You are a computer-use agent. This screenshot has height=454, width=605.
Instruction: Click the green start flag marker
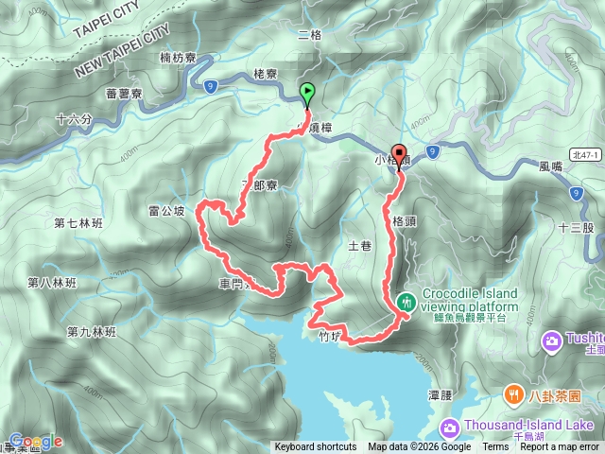pos(307,94)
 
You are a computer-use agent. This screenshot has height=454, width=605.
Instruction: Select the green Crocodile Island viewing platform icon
pos(406,302)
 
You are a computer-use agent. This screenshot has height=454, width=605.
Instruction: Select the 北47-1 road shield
pos(583,153)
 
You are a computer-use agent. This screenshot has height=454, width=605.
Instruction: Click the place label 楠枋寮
pos(178,59)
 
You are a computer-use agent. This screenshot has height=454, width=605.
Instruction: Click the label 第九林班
pos(91,332)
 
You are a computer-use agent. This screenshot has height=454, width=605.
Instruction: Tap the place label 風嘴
pos(550,166)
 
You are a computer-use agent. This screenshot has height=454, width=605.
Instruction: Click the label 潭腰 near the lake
pos(441,394)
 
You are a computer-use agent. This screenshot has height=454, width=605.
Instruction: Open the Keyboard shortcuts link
pos(316,447)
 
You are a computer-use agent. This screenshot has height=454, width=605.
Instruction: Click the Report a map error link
pos(560,447)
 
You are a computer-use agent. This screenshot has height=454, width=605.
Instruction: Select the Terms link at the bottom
pos(495,447)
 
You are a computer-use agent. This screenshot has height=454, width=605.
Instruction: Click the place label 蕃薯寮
pos(124,94)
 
